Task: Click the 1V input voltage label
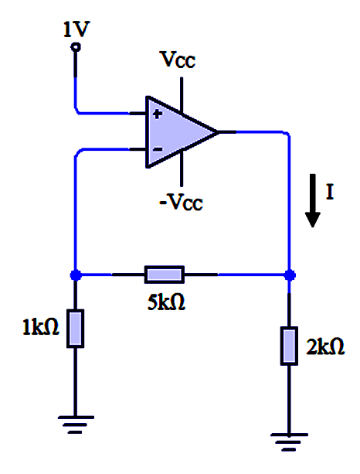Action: point(76,29)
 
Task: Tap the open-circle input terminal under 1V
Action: point(76,47)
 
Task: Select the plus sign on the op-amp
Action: point(158,114)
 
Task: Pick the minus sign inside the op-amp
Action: point(158,149)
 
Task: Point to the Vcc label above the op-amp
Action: point(178,60)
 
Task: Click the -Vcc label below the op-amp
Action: point(181,202)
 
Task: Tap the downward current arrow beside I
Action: point(313,200)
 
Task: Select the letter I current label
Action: point(330,192)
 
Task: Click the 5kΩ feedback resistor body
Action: point(165,275)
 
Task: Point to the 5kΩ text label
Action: point(166,302)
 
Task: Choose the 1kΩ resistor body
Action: point(75,329)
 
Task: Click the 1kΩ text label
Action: point(41,327)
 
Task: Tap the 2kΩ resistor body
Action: point(289,346)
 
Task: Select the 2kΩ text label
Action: point(325,346)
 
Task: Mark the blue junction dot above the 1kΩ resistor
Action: point(76,275)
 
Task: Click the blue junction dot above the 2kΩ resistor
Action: point(290,275)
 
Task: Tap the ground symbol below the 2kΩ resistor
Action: point(289,442)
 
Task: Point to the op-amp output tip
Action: point(217,132)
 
